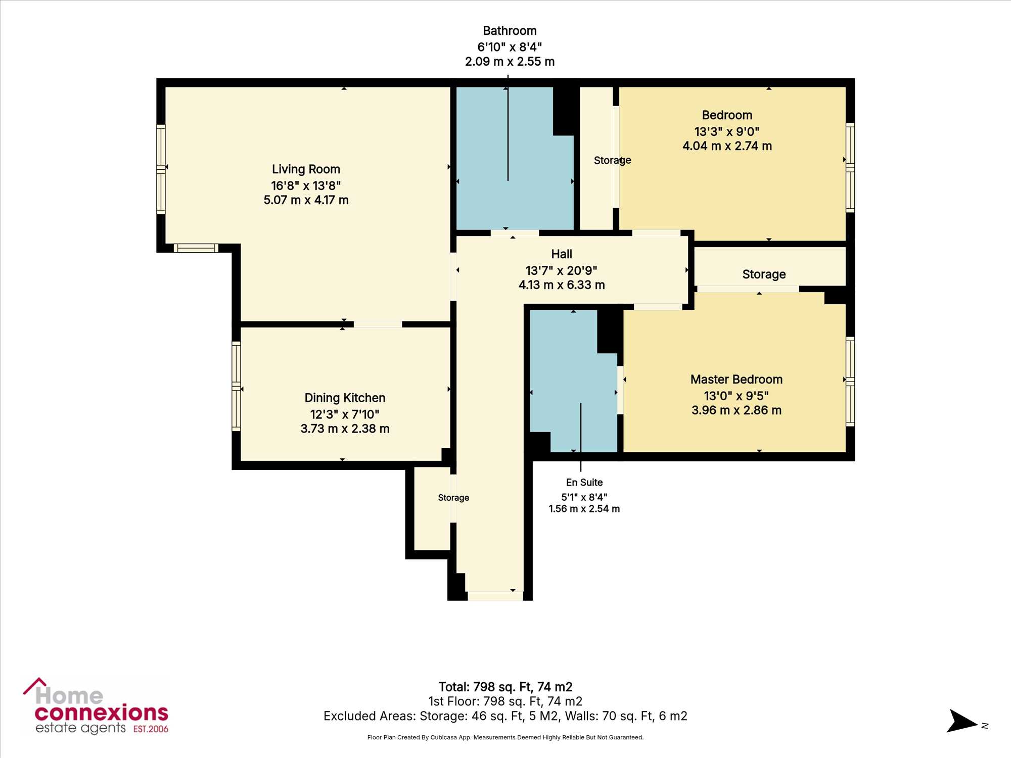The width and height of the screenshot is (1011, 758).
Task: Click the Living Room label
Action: (x=306, y=169)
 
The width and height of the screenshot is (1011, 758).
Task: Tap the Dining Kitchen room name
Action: (x=345, y=398)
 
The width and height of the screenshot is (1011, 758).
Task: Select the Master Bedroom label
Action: (x=737, y=380)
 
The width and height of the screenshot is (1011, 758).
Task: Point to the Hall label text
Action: (x=562, y=254)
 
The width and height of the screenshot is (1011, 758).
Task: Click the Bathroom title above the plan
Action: (x=510, y=31)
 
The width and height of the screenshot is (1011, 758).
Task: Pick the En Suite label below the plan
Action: (x=584, y=483)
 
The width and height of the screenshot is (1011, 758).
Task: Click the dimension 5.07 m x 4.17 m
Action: (x=306, y=200)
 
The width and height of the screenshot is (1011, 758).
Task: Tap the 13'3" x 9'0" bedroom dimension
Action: (x=727, y=132)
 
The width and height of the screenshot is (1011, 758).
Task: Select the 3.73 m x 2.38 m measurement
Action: (x=345, y=429)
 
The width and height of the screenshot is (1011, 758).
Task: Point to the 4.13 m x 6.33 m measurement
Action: (x=562, y=285)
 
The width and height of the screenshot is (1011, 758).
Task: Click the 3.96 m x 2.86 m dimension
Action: (x=737, y=410)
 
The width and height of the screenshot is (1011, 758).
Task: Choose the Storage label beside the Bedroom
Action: (x=612, y=160)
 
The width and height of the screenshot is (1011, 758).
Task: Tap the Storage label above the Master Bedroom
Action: (x=764, y=274)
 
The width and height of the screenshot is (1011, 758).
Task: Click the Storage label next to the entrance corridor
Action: (x=453, y=498)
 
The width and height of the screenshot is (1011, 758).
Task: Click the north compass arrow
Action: (x=962, y=721)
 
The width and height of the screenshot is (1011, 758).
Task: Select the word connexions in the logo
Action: (x=102, y=713)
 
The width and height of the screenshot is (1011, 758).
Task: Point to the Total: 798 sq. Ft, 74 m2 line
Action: (x=505, y=687)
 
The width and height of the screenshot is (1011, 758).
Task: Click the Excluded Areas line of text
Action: (x=505, y=716)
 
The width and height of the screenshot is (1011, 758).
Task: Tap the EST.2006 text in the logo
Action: (x=151, y=729)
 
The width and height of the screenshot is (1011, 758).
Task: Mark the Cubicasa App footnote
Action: (x=505, y=738)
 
